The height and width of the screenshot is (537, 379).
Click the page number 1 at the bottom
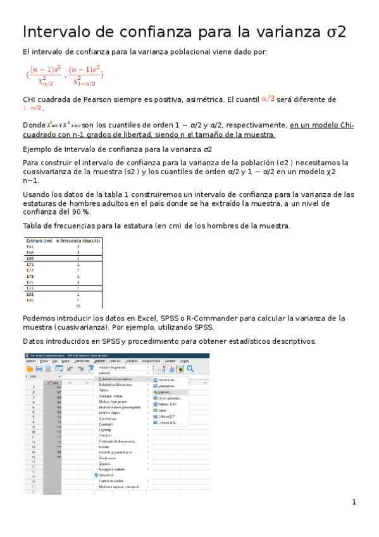(354, 502)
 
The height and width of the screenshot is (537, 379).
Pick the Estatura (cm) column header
(39, 241)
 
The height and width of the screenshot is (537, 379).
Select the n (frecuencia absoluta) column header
(78, 241)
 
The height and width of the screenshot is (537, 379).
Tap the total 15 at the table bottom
(78, 306)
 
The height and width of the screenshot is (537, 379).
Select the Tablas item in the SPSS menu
(105, 390)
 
